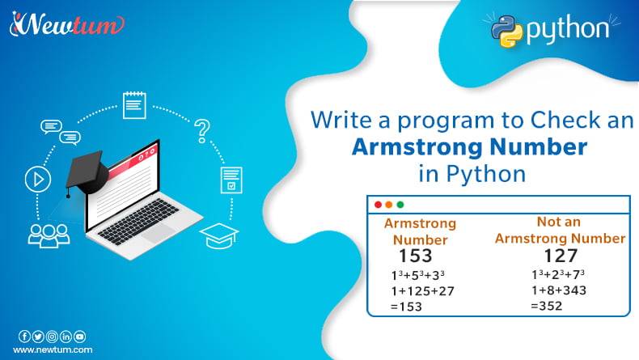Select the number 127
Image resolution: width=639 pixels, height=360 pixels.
560,256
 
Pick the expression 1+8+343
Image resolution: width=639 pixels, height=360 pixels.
559,290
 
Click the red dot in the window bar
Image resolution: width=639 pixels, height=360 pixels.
378,205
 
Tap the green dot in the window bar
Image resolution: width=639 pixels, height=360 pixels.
400,205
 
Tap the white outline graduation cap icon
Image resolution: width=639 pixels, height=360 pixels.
219,235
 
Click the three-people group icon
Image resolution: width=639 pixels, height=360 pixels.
44,233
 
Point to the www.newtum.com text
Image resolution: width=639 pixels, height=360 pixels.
53,349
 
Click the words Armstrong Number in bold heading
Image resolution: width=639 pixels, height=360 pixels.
468,147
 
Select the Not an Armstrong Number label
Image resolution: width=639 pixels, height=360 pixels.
560,230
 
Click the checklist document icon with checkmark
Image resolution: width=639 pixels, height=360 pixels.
231,180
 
